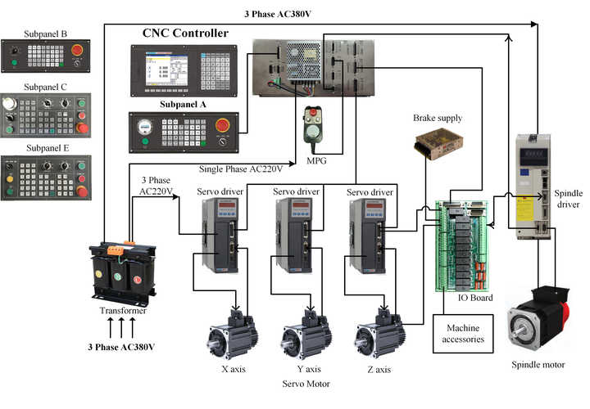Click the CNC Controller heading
[x=185, y=34]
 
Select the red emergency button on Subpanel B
[x=78, y=51]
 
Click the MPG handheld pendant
[x=311, y=126]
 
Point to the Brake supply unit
[x=432, y=145]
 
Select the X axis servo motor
[x=232, y=335]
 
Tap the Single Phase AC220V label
[x=241, y=169]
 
